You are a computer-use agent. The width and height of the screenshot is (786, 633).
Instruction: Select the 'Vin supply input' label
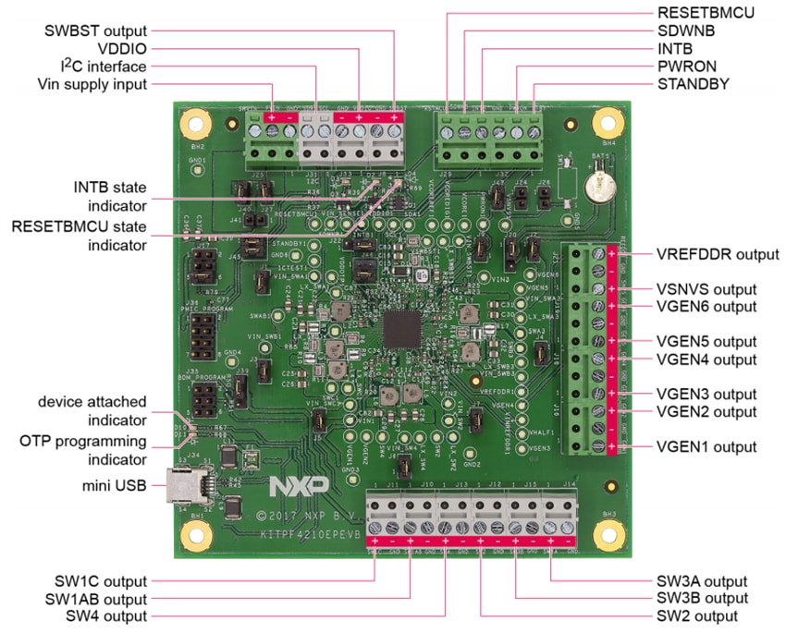click(x=92, y=84)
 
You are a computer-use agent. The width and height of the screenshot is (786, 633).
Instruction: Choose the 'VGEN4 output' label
click(x=706, y=359)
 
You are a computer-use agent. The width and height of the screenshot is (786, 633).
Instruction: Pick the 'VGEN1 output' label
click(x=706, y=446)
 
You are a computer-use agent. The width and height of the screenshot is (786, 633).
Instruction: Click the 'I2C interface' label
click(x=97, y=67)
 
